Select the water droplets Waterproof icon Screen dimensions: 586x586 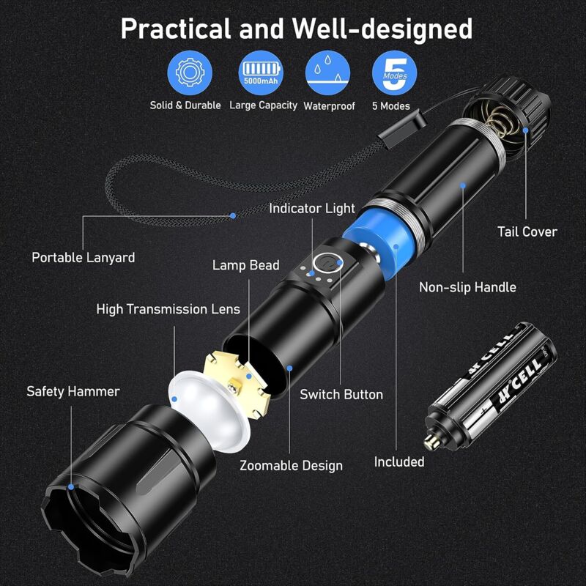328,71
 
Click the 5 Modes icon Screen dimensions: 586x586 395,71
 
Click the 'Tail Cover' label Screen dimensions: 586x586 527,231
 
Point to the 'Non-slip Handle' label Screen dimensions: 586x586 467,287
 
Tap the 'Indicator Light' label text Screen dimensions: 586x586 311,209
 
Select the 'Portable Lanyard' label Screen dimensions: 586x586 83,257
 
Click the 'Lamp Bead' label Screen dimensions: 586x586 245,265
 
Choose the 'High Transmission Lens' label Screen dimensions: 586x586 168,309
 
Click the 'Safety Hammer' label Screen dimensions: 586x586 73,391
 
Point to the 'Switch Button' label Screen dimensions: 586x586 341,394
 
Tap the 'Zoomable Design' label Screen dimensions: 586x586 291,465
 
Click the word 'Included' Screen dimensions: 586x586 399,461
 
